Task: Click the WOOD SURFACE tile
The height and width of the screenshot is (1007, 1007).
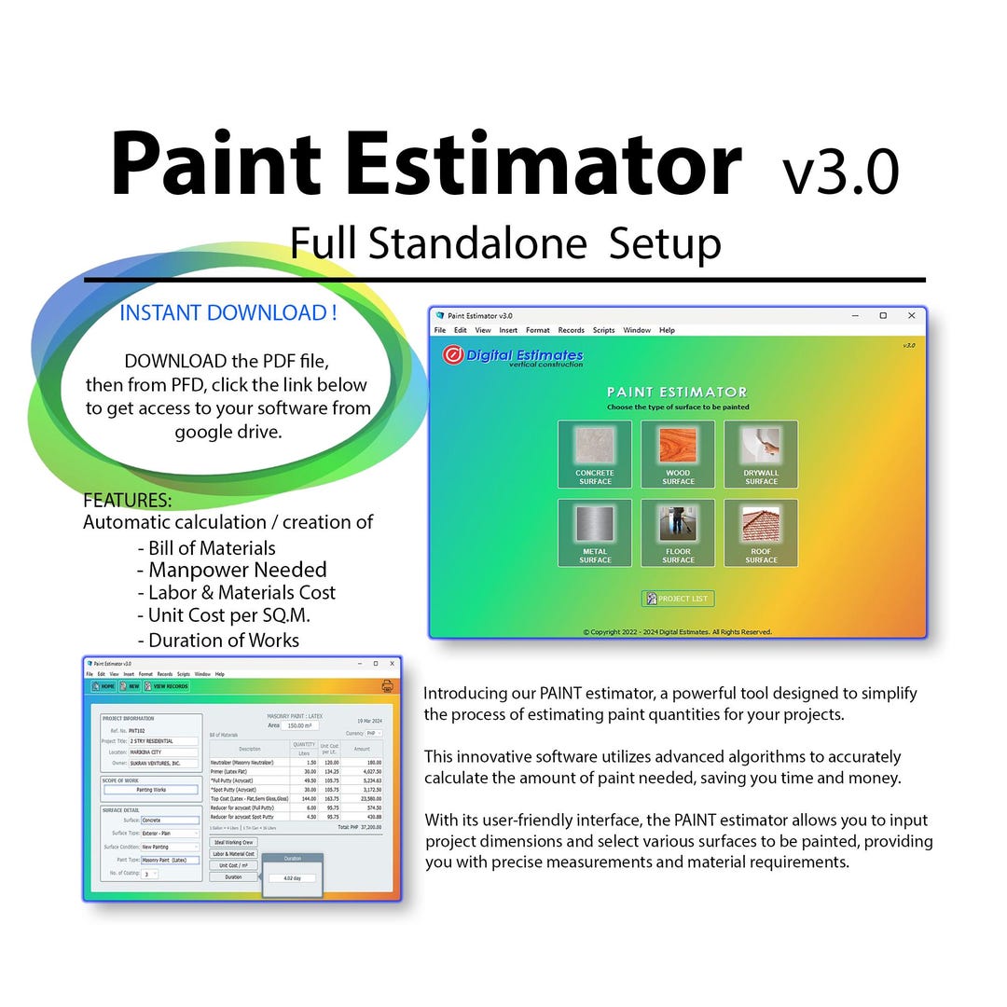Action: point(678,453)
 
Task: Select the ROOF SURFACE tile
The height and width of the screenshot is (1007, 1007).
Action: point(761,531)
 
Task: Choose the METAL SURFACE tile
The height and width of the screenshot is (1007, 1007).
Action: point(595,531)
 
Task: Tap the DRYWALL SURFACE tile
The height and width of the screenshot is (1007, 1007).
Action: point(761,453)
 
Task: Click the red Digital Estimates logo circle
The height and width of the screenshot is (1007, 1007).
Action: point(453,355)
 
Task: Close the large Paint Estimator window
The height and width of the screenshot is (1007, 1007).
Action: point(912,316)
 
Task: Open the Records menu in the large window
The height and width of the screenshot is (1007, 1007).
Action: point(572,330)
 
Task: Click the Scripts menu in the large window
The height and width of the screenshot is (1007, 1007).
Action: point(604,330)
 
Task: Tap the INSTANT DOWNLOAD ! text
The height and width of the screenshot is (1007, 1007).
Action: point(228,313)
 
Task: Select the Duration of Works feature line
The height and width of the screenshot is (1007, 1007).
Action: point(223,640)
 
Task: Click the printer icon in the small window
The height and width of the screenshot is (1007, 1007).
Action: point(387,686)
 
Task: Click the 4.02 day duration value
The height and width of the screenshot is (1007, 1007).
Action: point(292,877)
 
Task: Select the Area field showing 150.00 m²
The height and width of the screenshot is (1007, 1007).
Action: point(299,725)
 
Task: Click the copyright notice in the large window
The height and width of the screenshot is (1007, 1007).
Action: point(678,631)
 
